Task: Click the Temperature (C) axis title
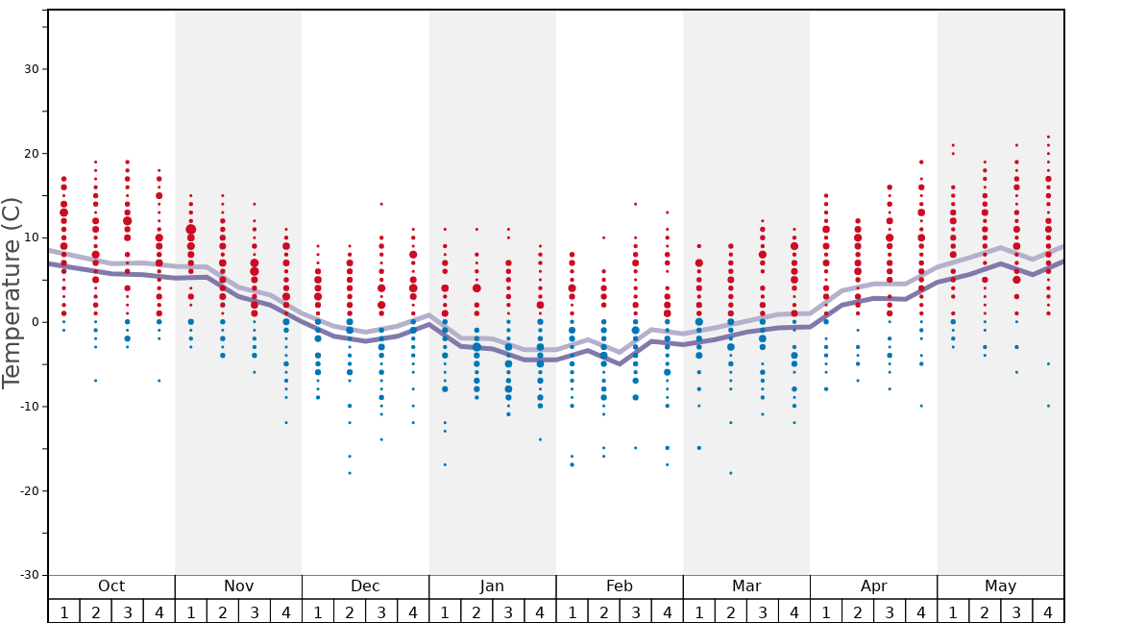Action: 12,292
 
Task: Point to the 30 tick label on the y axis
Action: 30,69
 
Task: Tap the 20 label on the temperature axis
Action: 30,154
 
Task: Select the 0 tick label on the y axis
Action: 34,322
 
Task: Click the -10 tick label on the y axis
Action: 27,407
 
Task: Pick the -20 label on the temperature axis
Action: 27,491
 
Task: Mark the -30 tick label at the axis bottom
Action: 27,575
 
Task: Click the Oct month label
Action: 111,586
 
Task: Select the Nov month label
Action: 238,586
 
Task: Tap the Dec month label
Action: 365,586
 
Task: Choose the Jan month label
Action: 492,586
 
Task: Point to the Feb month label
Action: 620,586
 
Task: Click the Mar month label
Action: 746,586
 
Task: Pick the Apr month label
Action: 873,586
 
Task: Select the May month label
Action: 1000,586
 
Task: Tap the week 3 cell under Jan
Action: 508,611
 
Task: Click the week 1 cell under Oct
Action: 64,611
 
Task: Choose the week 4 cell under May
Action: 1048,611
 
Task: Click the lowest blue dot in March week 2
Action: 731,473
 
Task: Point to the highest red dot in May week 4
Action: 1048,137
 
